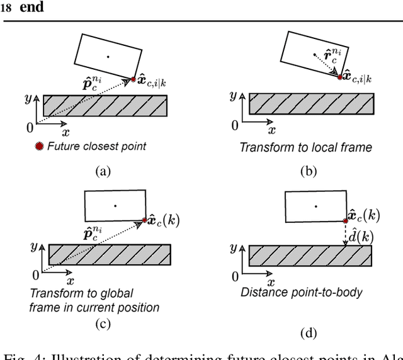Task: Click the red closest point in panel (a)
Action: click(133, 79)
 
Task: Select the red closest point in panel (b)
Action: click(340, 77)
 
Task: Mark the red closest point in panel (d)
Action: click(346, 220)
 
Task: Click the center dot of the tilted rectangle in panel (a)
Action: click(108, 57)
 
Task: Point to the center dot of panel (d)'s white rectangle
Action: click(316, 206)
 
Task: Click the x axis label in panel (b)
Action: click(271, 131)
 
